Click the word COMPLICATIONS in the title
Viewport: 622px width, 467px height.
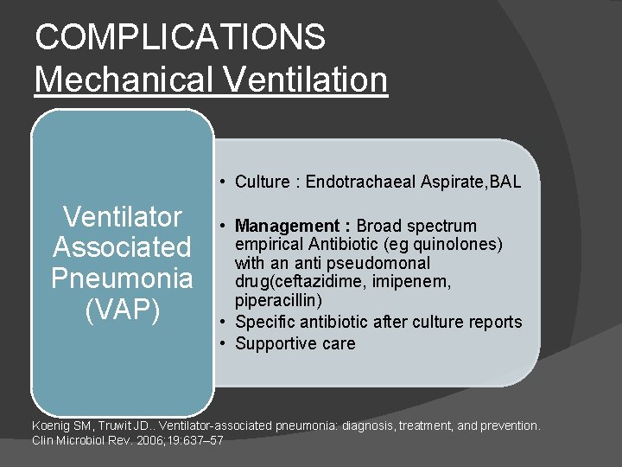(x=181, y=37)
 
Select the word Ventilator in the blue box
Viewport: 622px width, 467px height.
(x=122, y=216)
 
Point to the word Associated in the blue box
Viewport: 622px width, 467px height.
(x=122, y=247)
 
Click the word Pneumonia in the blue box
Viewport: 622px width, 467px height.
(x=122, y=278)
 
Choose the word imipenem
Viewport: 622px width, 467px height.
(x=419, y=281)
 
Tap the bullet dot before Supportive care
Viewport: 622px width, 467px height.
(x=223, y=344)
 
